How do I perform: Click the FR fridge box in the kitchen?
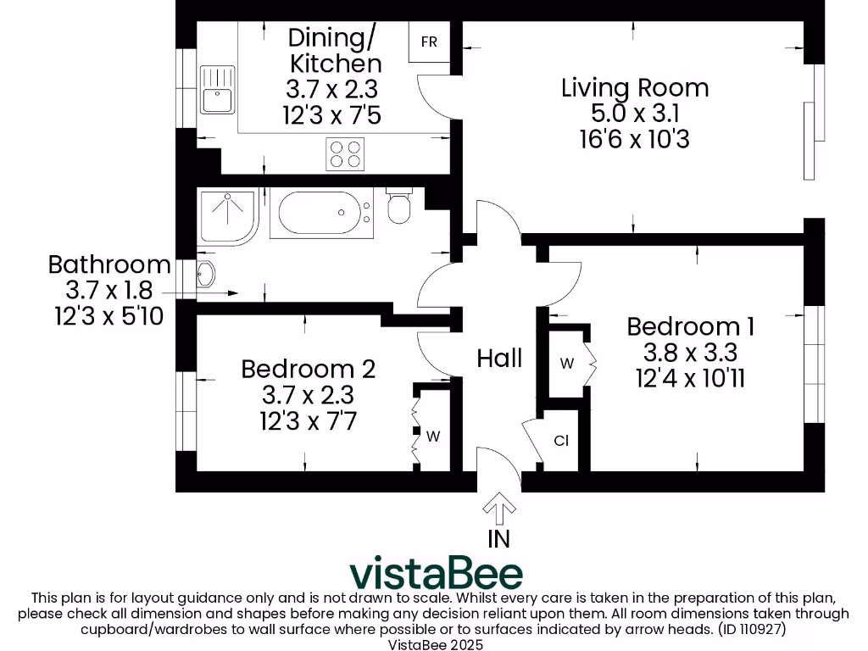[429, 42]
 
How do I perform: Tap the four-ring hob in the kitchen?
[345, 154]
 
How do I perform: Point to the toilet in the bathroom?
[399, 207]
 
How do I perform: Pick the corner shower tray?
[225, 215]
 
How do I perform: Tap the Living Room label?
[635, 88]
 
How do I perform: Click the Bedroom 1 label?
[690, 326]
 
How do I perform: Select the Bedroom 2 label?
[308, 369]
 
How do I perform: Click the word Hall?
[499, 359]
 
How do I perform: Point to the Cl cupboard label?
[560, 441]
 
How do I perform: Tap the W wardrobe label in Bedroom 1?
[567, 364]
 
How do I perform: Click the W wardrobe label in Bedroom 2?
[433, 437]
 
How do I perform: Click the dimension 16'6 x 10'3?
[635, 138]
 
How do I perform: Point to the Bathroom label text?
[109, 264]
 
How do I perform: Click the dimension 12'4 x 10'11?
[690, 377]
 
